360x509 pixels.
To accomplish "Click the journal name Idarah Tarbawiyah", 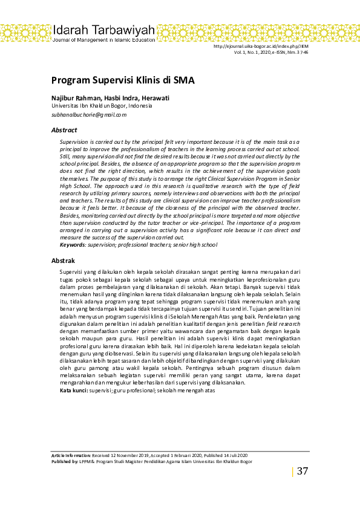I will pos(103,30).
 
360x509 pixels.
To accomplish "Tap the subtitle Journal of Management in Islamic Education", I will pos(103,40).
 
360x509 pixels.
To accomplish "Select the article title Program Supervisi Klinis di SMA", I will pos(122,80).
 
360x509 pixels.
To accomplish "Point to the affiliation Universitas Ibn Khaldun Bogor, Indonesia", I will pos(101,105).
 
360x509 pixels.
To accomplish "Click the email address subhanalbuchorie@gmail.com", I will pos(89,114).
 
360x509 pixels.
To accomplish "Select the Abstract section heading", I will pos(64,130).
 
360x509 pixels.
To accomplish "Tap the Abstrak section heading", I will pos(63,261).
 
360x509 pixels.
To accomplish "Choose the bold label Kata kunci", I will pos(73,391).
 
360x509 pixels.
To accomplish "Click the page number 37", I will pos(303,471).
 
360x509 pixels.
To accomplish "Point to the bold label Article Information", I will pos(71,455).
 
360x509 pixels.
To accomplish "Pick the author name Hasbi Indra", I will pos(120,98).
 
